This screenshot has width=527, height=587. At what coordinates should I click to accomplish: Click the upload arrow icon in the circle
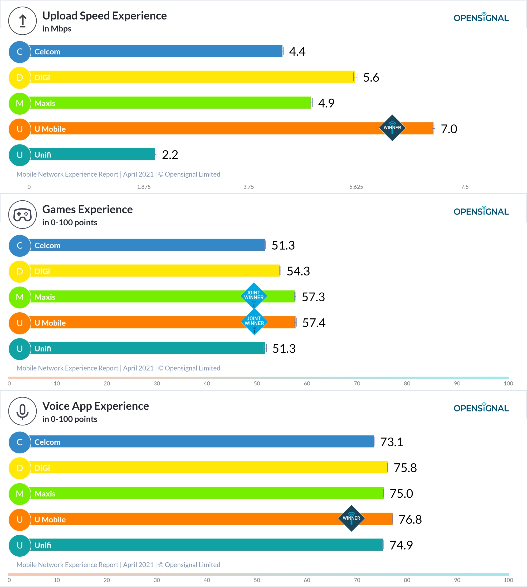click(23, 21)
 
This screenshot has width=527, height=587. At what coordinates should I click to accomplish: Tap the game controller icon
click(23, 215)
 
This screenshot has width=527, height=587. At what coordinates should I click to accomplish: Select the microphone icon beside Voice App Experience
click(23, 411)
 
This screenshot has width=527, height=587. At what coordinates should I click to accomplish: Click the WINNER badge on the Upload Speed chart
click(392, 128)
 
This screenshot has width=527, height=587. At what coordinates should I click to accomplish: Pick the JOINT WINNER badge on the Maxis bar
click(254, 296)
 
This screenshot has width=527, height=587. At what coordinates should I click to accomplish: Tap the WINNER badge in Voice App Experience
click(351, 518)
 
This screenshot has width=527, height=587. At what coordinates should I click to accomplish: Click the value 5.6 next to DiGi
click(371, 77)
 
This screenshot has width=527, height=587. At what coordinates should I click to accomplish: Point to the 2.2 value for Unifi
click(170, 155)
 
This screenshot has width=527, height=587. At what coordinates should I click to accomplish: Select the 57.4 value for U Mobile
click(314, 323)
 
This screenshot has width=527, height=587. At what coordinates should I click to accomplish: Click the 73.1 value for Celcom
click(392, 442)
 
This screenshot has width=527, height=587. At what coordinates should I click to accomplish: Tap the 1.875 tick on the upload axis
click(144, 187)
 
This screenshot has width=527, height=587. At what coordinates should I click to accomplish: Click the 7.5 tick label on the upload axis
click(465, 187)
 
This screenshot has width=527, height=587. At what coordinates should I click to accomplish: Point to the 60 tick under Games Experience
click(307, 384)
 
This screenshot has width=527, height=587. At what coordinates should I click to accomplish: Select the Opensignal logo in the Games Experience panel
click(481, 211)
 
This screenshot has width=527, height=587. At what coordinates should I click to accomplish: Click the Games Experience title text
click(87, 209)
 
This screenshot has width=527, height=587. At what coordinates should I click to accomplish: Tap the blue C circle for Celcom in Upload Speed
click(20, 52)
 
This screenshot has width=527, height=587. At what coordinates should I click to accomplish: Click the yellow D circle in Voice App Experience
click(20, 468)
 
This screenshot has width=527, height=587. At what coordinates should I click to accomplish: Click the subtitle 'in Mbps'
click(57, 29)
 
